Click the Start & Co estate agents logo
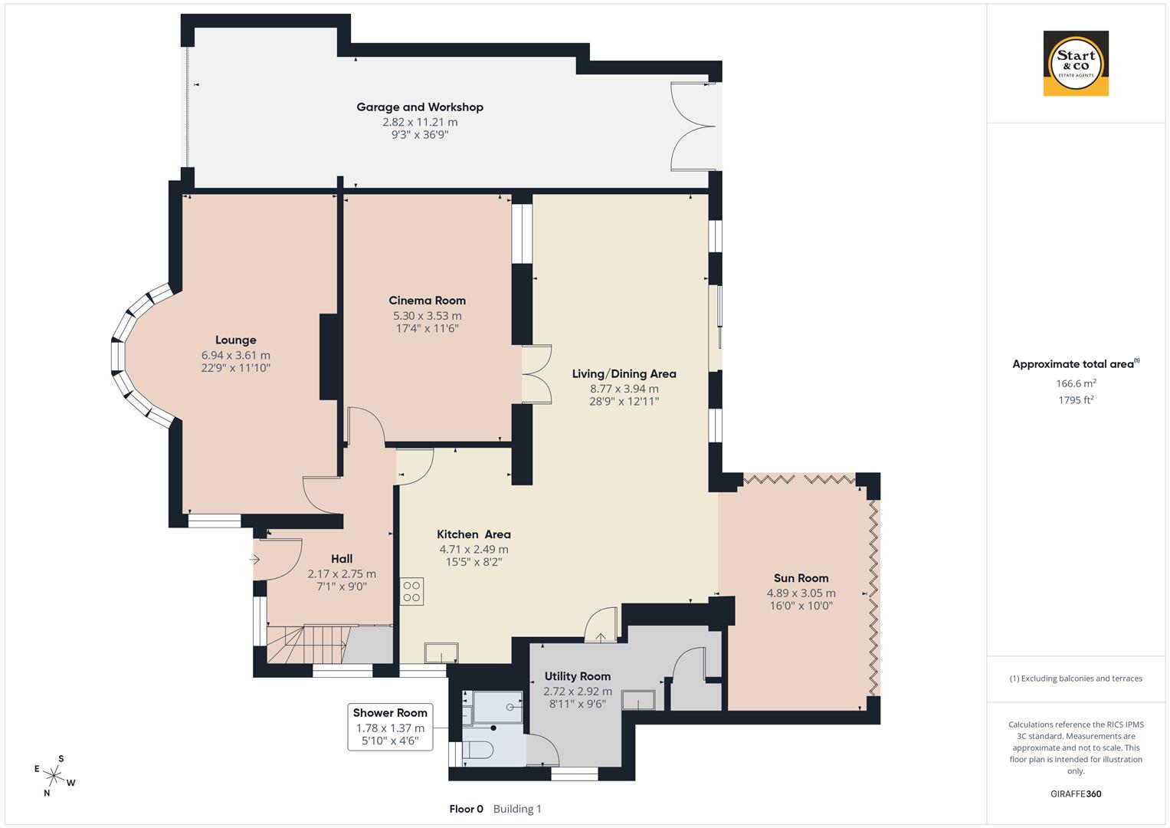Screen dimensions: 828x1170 pyautogui.click(x=1076, y=64)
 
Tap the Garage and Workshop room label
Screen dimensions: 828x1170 pyautogui.click(x=420, y=107)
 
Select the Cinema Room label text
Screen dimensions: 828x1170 pyautogui.click(x=427, y=301)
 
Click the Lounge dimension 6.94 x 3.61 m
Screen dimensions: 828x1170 pyautogui.click(x=235, y=355)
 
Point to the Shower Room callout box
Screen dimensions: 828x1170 pyautogui.click(x=390, y=727)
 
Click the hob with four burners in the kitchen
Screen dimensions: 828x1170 pyautogui.click(x=411, y=591)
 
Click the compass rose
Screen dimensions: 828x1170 pyautogui.click(x=54, y=776)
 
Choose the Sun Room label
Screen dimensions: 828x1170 pyautogui.click(x=801, y=578)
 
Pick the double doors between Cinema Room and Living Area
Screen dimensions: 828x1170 pyautogui.click(x=537, y=374)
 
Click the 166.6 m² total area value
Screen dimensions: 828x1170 pyautogui.click(x=1076, y=383)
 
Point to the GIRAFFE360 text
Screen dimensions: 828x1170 pyautogui.click(x=1076, y=794)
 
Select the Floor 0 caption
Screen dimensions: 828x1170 pyautogui.click(x=466, y=809)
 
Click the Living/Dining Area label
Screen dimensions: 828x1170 pyautogui.click(x=624, y=374)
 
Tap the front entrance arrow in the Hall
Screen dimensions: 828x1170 pyautogui.click(x=256, y=560)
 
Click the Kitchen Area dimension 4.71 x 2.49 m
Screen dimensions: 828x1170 pyautogui.click(x=474, y=549)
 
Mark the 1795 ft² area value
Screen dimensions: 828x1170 pyautogui.click(x=1076, y=399)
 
